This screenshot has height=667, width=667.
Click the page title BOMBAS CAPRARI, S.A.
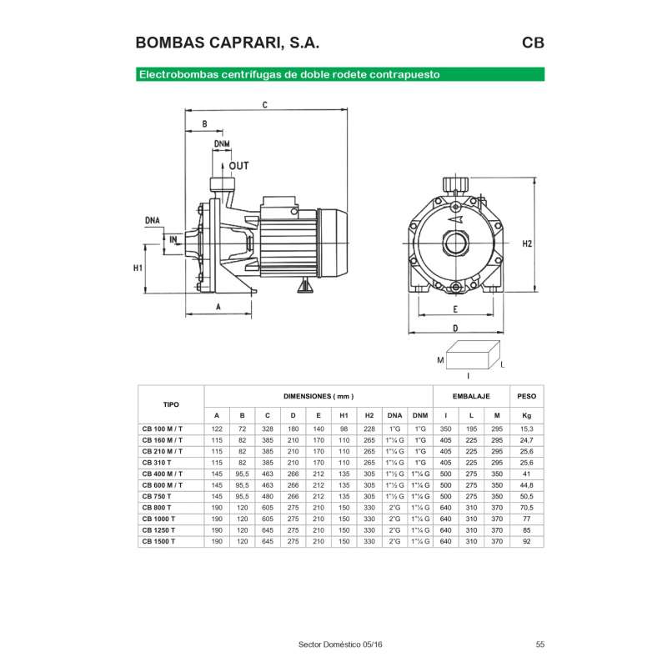[x=226, y=43]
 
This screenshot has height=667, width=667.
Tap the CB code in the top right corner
[x=534, y=43]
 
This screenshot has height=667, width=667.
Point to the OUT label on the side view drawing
[x=238, y=166]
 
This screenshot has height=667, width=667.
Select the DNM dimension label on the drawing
[x=221, y=144]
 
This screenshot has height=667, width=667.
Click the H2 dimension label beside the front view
[x=527, y=244]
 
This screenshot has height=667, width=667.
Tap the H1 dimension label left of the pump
[x=138, y=268]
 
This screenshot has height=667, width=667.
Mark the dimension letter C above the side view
[x=263, y=105]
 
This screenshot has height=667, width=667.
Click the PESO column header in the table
[x=526, y=396]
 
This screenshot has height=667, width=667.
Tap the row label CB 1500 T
[x=158, y=541]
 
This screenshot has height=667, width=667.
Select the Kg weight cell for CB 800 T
[x=526, y=507]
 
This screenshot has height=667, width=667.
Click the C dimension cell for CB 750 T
[x=267, y=495]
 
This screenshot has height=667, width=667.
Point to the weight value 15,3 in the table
[x=526, y=428]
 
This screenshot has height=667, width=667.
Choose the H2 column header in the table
[x=369, y=415]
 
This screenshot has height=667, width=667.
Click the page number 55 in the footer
[x=540, y=644]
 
